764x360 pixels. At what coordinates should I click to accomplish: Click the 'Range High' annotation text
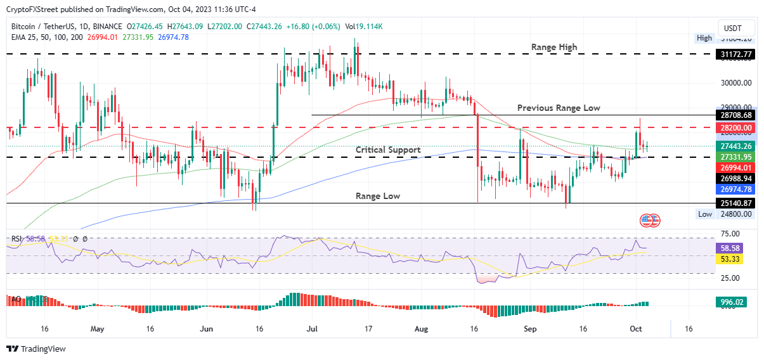[x=554, y=47]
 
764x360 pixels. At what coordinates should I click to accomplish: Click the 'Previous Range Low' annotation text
[x=558, y=108]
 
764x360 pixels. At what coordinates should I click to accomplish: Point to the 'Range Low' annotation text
[x=378, y=196]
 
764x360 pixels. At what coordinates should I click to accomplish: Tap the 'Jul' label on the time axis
[x=311, y=330]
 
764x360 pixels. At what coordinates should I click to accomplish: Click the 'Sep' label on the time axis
[x=531, y=330]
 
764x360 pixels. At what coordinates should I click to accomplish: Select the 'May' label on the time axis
[x=96, y=330]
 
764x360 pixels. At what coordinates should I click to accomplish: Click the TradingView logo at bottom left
[x=36, y=349]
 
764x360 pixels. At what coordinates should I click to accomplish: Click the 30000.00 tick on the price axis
[x=736, y=83]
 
